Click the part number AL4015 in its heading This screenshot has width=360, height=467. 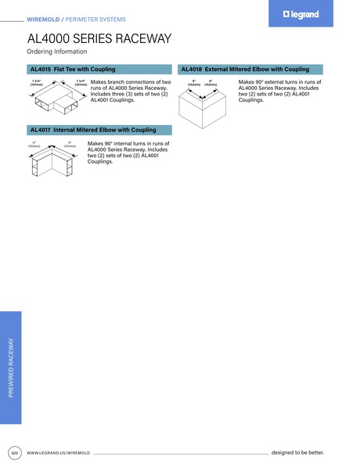pyautogui.click(x=40, y=69)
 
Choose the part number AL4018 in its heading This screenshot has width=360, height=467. pyautogui.click(x=192, y=69)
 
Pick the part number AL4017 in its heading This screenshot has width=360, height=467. pyautogui.click(x=40, y=130)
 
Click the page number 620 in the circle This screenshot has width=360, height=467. pyautogui.click(x=14, y=453)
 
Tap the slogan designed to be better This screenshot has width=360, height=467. pyautogui.click(x=297, y=453)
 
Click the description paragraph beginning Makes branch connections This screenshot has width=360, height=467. pyautogui.click(x=130, y=91)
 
